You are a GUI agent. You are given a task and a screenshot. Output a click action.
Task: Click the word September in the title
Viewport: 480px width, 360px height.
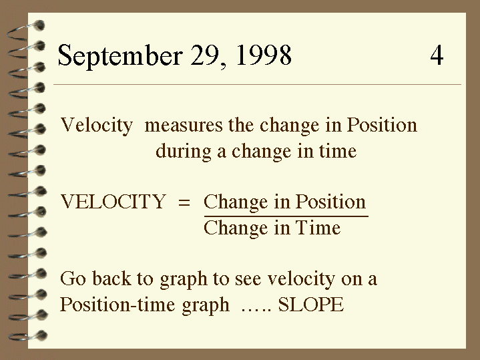pyautogui.click(x=120, y=56)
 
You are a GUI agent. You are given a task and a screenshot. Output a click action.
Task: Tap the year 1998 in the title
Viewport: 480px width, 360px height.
pyautogui.click(x=264, y=55)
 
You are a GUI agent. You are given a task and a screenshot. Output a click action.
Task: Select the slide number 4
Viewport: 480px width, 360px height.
pyautogui.click(x=437, y=55)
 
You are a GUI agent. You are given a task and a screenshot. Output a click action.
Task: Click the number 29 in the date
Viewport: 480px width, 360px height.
pyautogui.click(x=205, y=56)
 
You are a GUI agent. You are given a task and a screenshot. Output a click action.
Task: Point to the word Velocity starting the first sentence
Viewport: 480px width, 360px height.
pyautogui.click(x=97, y=126)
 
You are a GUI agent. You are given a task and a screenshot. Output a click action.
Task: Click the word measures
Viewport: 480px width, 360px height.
pyautogui.click(x=184, y=126)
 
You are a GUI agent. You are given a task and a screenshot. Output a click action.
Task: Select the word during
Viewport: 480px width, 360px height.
pyautogui.click(x=184, y=152)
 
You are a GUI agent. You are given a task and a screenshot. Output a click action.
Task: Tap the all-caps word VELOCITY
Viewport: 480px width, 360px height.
pyautogui.click(x=113, y=202)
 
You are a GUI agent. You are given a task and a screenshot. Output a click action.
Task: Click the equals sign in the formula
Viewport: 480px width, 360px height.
pyautogui.click(x=184, y=202)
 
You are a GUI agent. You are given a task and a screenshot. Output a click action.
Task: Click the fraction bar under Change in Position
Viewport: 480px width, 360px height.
pyautogui.click(x=286, y=216)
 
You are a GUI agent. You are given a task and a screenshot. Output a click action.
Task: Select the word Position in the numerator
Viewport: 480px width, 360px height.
pyautogui.click(x=330, y=202)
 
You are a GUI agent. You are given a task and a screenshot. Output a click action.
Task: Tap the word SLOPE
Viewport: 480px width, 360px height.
pyautogui.click(x=310, y=305)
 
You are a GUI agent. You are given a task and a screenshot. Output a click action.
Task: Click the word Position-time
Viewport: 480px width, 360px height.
pyautogui.click(x=117, y=305)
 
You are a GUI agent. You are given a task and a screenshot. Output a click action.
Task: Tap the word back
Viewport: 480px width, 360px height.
pyautogui.click(x=111, y=279)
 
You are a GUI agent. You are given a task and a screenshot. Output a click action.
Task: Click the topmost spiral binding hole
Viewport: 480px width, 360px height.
pyautogui.click(x=39, y=25)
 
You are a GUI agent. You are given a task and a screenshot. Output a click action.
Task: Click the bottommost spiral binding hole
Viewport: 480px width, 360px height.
pyautogui.click(x=41, y=335)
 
